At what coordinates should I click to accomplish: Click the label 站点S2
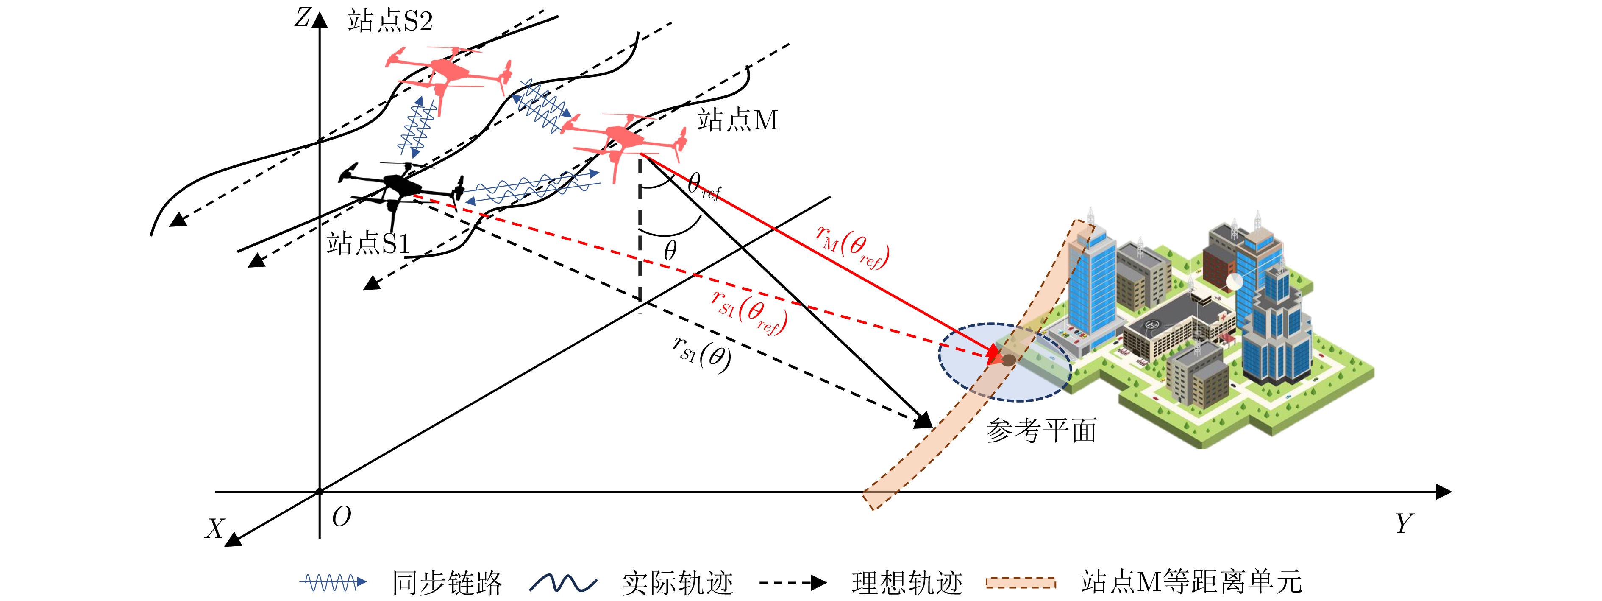390,22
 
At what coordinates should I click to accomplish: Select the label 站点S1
368,243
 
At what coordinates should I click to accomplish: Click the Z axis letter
302,19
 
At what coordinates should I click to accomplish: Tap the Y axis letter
1404,524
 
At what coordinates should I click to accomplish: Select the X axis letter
214,529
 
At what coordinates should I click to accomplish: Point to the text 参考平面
1041,430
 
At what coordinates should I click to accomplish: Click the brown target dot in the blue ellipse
1008,360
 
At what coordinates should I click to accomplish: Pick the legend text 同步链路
447,583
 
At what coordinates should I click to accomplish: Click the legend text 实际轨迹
677,583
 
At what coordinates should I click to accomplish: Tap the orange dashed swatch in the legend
1021,583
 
